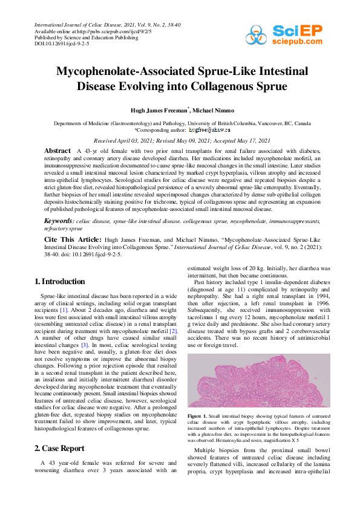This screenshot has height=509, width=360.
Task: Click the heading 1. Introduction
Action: (59, 281)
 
